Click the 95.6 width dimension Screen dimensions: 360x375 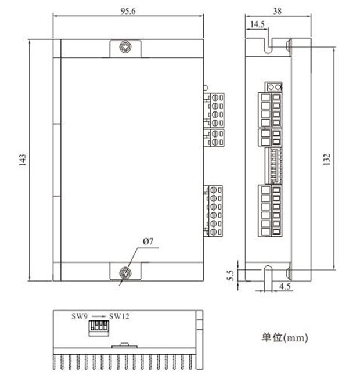pyautogui.click(x=128, y=11)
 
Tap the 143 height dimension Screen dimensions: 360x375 pyautogui.click(x=23, y=160)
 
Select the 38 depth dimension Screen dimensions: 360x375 pyautogui.click(x=278, y=11)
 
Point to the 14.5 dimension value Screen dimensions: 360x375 pyautogui.click(x=257, y=24)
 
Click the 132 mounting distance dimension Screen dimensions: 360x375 pyautogui.click(x=327, y=159)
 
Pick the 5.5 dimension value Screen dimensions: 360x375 pyautogui.click(x=231, y=276)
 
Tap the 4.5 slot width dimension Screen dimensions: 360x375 pyautogui.click(x=285, y=286)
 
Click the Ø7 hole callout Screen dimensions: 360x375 pyautogui.click(x=148, y=241)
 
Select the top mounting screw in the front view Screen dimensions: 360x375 pyautogui.click(x=125, y=46)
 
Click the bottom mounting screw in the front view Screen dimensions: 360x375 pyautogui.click(x=125, y=273)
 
